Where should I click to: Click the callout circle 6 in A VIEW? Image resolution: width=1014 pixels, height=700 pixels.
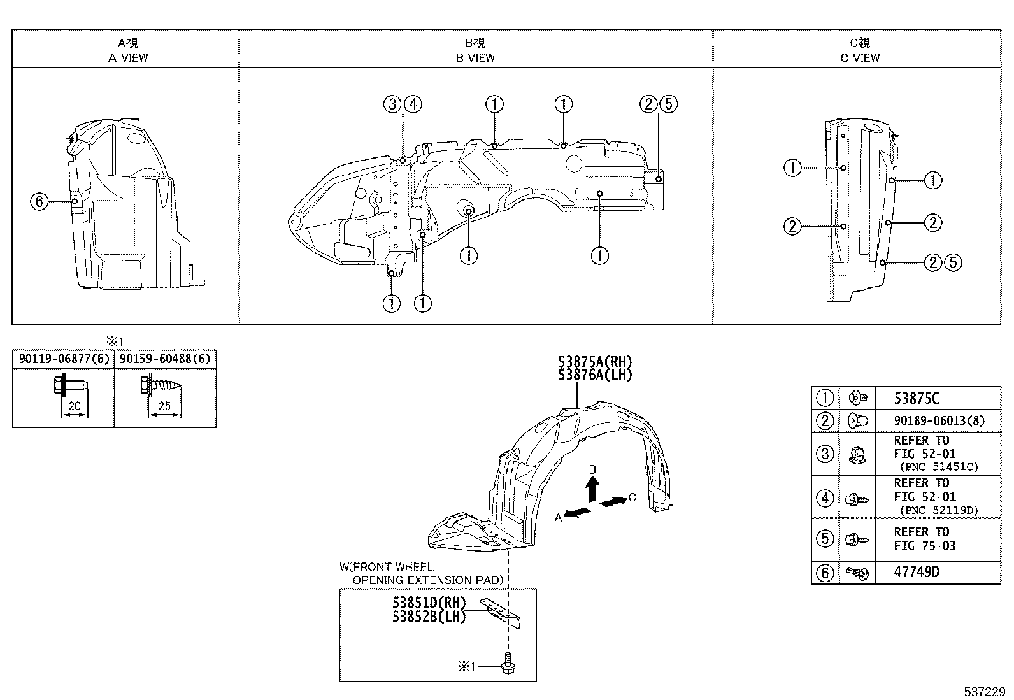[x=39, y=202]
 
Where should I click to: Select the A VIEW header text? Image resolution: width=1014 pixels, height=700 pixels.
[x=128, y=57]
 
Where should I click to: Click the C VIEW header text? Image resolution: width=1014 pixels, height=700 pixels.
[x=860, y=57]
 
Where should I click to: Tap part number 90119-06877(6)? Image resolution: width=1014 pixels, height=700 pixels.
[x=63, y=359]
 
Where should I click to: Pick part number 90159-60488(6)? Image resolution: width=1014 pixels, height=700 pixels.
[x=165, y=359]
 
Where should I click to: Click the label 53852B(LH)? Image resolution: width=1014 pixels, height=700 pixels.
[x=429, y=616]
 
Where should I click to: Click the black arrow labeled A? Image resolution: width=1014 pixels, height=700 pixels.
[x=577, y=513]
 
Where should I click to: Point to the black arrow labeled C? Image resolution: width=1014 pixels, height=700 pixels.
[x=613, y=502]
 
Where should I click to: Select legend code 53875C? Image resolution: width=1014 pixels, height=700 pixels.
[x=917, y=399]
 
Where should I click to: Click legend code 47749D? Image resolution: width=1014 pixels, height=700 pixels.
[x=917, y=572]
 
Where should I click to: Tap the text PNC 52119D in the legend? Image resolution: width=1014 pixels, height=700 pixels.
[x=939, y=510]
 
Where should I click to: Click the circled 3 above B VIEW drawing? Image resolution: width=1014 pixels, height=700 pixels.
[x=392, y=104]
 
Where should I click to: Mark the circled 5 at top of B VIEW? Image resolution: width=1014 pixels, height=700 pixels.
[x=668, y=104]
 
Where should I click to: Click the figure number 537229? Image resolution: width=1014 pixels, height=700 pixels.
[x=983, y=691]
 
